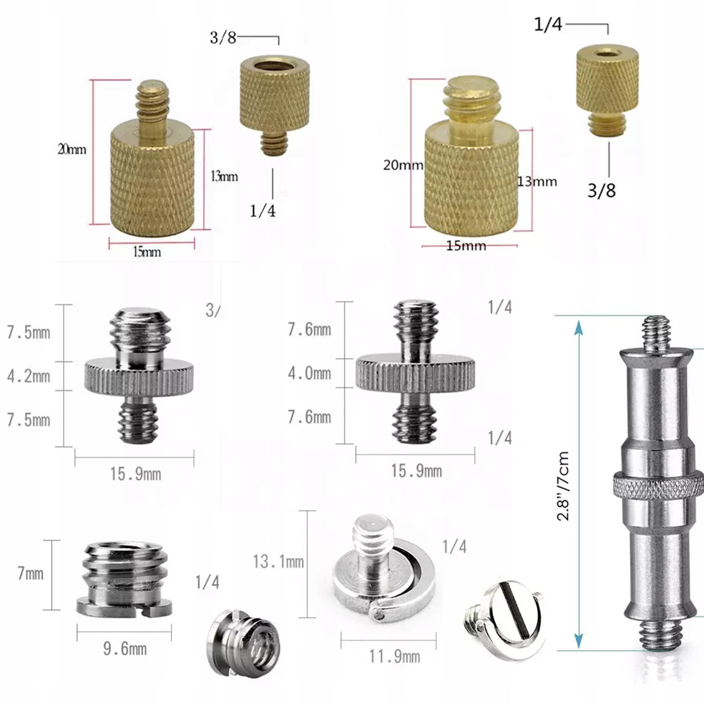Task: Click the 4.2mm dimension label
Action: point(28,376)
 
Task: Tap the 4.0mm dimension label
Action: point(309,373)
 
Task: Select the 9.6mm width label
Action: point(125,649)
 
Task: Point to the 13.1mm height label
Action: point(278,561)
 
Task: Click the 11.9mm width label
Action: point(394,656)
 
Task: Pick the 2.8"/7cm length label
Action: point(563,485)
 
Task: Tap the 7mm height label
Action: point(31,573)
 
